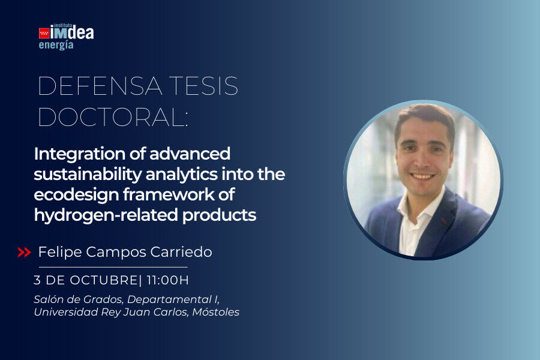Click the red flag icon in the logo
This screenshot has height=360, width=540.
tap(44, 33)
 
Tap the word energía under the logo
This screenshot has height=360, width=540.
tap(56, 45)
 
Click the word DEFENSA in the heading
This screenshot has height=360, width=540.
tap(100, 86)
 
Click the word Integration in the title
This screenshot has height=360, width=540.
tap(80, 154)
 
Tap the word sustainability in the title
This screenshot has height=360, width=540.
tap(88, 175)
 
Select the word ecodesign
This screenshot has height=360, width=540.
tap(76, 194)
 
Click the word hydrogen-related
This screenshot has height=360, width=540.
tap(106, 215)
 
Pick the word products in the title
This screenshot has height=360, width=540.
tap(220, 215)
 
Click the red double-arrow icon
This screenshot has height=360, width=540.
tap(25, 252)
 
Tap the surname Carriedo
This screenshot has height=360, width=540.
tap(181, 252)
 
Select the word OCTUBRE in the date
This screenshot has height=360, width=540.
tap(104, 280)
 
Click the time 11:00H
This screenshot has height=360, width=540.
tap(168, 280)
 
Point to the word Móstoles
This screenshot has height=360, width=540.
tap(215, 312)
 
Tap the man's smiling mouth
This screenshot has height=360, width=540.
tap(422, 176)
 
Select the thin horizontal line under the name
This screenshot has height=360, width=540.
tap(113, 267)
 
